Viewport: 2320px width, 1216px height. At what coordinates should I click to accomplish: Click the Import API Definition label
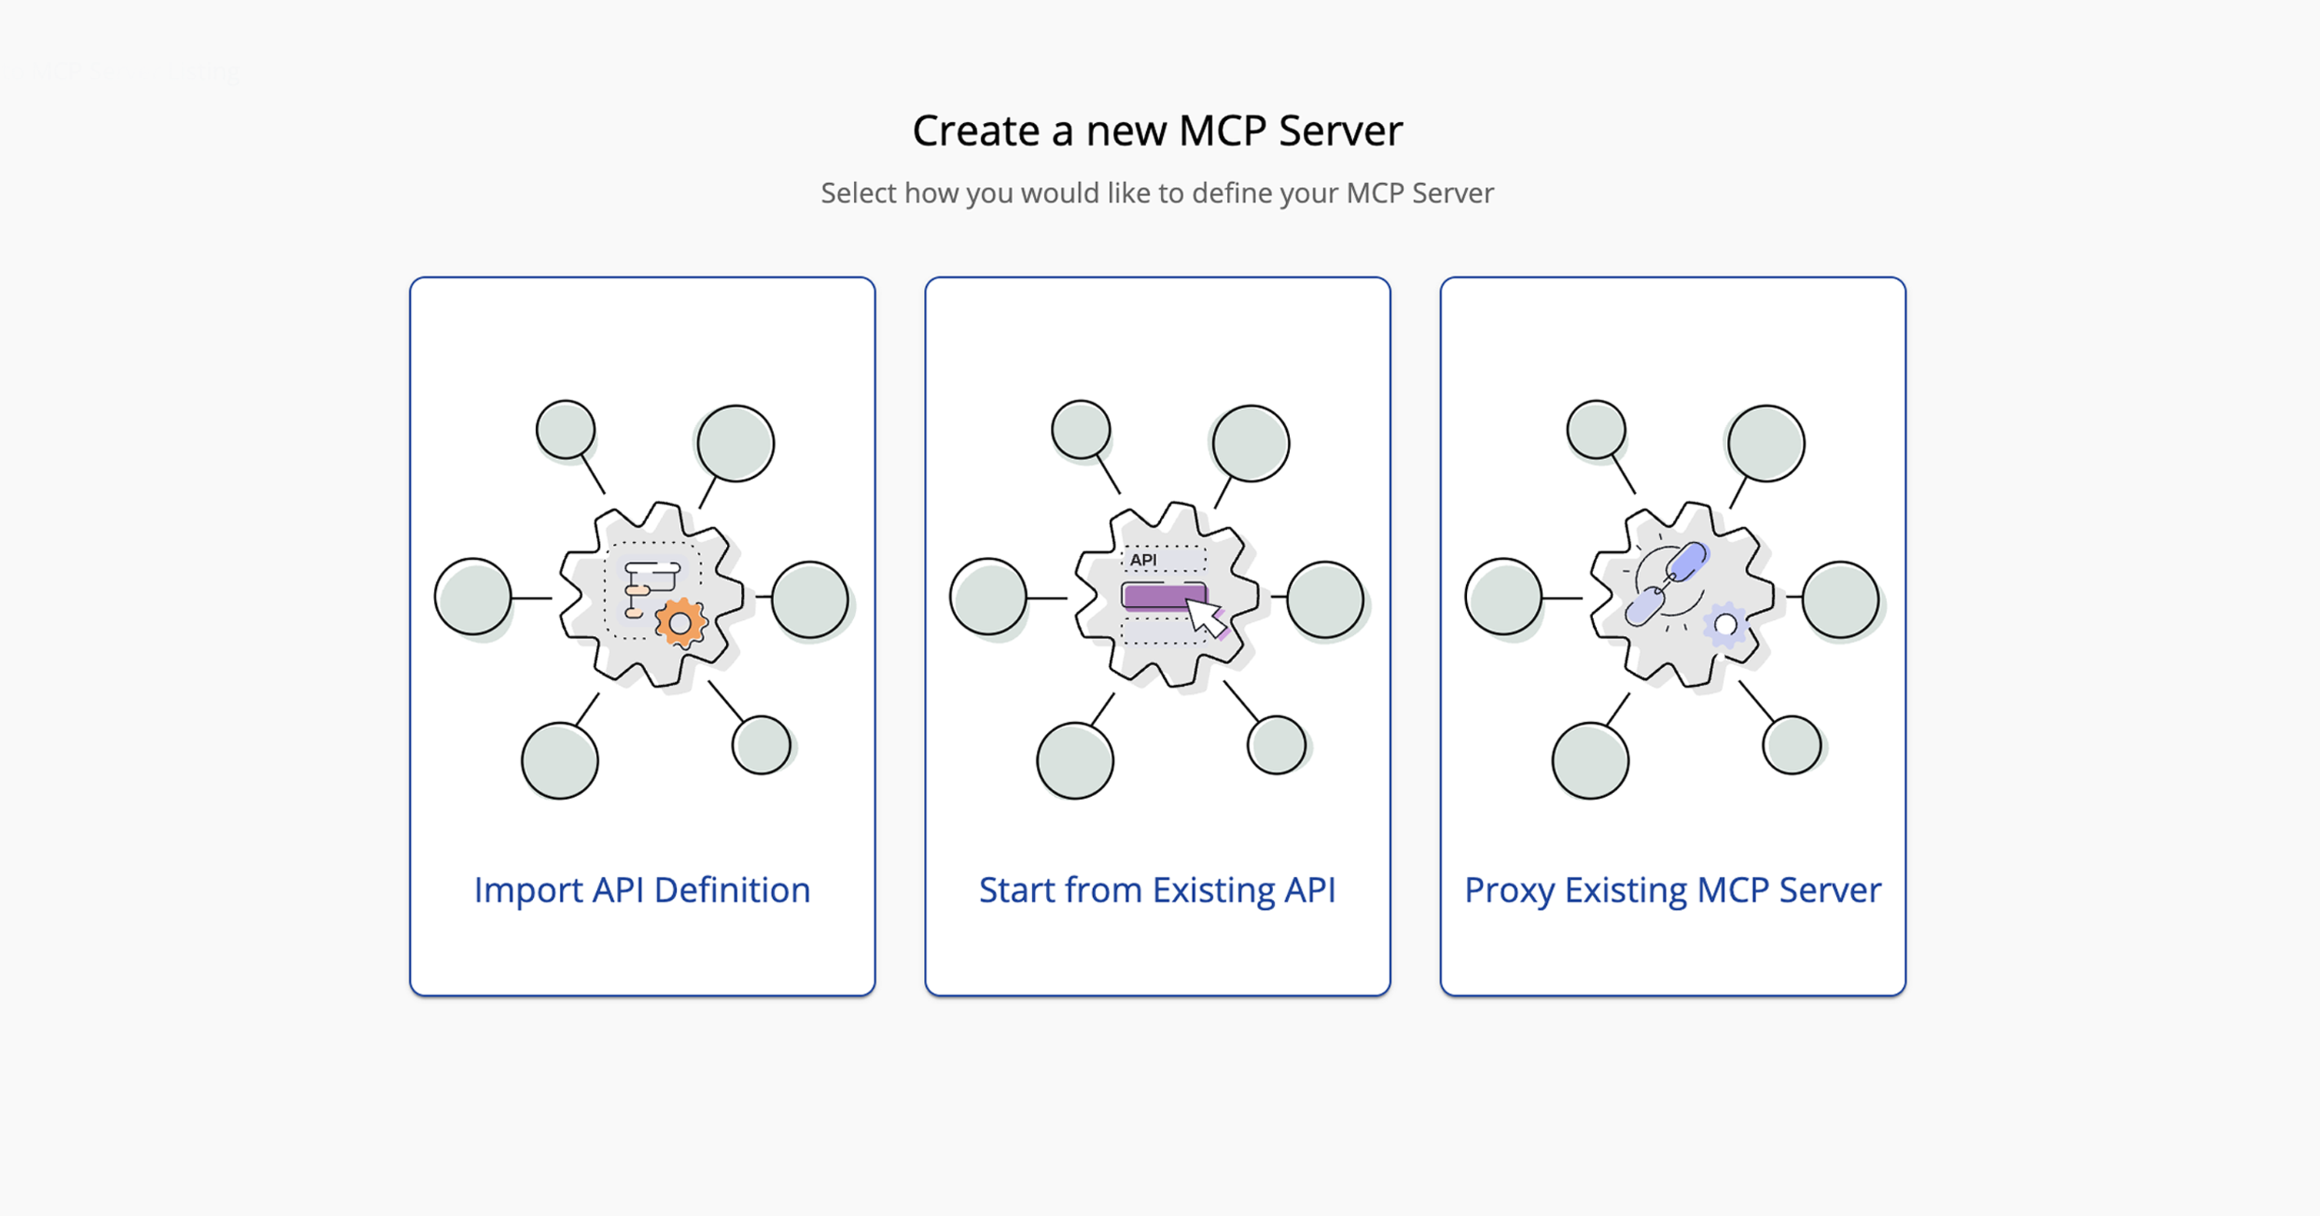[x=642, y=890]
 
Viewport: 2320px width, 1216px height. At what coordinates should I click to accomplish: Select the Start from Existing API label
[x=1156, y=890]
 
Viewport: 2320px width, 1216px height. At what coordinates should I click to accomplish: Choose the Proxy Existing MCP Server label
[x=1672, y=890]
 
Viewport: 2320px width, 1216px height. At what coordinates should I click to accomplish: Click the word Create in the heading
[x=975, y=132]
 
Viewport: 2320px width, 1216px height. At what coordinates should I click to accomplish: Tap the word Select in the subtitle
[x=858, y=193]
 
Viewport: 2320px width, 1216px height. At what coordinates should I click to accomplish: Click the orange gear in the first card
[x=680, y=623]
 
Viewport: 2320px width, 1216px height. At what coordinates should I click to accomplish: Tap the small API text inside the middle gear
[x=1143, y=559]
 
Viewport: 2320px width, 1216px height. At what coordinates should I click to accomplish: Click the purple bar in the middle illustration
[x=1162, y=596]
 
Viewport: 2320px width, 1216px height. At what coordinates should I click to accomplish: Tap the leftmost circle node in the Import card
[x=473, y=596]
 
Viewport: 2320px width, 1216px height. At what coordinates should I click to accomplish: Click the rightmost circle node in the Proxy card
[x=1839, y=600]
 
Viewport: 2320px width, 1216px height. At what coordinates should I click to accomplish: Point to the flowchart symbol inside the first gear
[x=649, y=588]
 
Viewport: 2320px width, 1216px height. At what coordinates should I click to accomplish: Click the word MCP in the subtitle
[x=1373, y=193]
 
